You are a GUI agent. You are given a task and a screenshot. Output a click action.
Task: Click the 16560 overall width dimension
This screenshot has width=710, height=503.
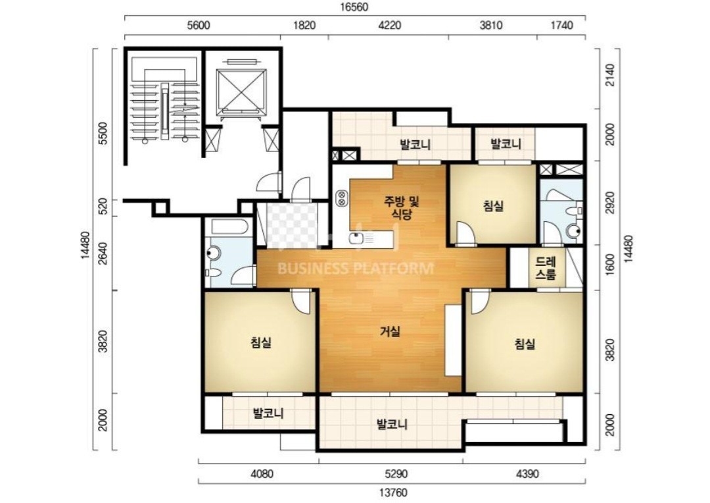pyautogui.click(x=355, y=7)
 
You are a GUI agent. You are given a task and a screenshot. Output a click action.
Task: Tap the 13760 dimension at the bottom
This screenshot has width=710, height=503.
pyautogui.click(x=391, y=492)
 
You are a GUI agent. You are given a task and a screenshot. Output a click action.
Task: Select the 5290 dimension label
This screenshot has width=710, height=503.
pyautogui.click(x=396, y=475)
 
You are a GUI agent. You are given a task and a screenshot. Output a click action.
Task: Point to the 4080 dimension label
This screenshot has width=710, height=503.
pyautogui.click(x=262, y=475)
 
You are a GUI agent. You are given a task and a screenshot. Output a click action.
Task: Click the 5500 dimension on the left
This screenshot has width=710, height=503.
pyautogui.click(x=103, y=133)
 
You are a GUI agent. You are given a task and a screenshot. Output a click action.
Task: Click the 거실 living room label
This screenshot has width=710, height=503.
pyautogui.click(x=390, y=332)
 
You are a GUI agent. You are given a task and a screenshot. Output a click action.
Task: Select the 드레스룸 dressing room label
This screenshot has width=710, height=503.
pyautogui.click(x=545, y=268)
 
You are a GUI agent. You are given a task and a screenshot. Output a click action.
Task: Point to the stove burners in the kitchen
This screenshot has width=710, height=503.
pyautogui.click(x=341, y=198)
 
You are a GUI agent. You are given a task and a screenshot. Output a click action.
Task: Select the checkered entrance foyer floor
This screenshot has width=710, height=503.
pyautogui.click(x=292, y=225)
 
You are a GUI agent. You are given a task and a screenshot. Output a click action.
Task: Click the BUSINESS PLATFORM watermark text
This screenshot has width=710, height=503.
pyautogui.click(x=355, y=269)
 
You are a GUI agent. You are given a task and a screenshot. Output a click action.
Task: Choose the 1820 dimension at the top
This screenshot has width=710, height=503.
pyautogui.click(x=304, y=26)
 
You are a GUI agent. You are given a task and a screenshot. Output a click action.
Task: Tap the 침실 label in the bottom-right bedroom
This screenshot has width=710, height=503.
pyautogui.click(x=525, y=344)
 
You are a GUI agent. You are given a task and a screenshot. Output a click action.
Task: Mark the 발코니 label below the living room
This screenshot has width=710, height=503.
pyautogui.click(x=392, y=425)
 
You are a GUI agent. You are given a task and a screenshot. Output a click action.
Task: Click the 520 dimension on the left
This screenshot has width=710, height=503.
pyautogui.click(x=103, y=208)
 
